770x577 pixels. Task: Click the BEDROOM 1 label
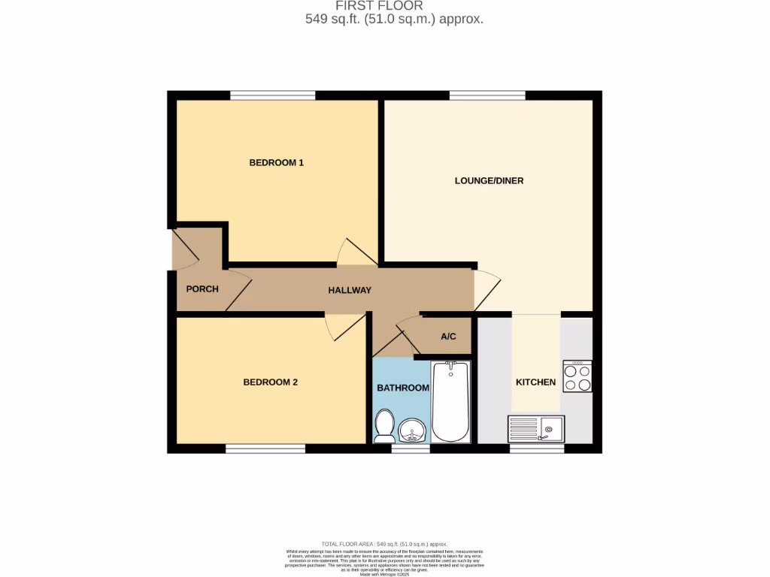[x=276, y=162]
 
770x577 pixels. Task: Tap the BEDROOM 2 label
[x=270, y=382]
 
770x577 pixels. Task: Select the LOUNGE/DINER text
[x=489, y=180]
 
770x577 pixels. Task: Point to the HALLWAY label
[x=350, y=290]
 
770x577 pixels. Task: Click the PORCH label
[x=202, y=288]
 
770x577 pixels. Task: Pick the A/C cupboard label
[x=448, y=336]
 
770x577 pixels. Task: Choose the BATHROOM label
[x=403, y=388]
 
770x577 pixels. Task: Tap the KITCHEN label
[x=535, y=382]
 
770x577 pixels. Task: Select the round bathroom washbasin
[x=412, y=431]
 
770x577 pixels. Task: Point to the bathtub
[x=451, y=402]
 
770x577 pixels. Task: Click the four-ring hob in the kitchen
[x=577, y=376]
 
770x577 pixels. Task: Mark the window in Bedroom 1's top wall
[x=272, y=95]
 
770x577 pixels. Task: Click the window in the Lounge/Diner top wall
[x=487, y=95]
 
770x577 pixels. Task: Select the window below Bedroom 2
[x=265, y=449]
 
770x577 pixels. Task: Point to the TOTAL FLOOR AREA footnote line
[x=384, y=544]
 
